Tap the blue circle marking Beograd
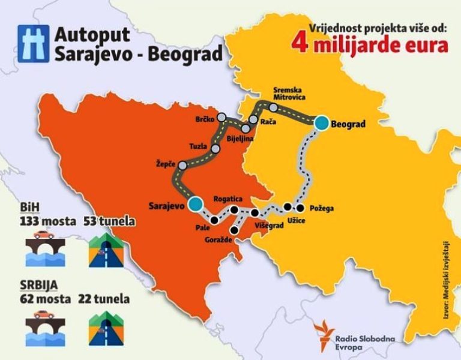coord(322,123)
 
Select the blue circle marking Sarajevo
coord(194,205)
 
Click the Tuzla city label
coord(198,146)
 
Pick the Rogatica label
coord(227,199)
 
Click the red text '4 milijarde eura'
coord(370,45)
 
